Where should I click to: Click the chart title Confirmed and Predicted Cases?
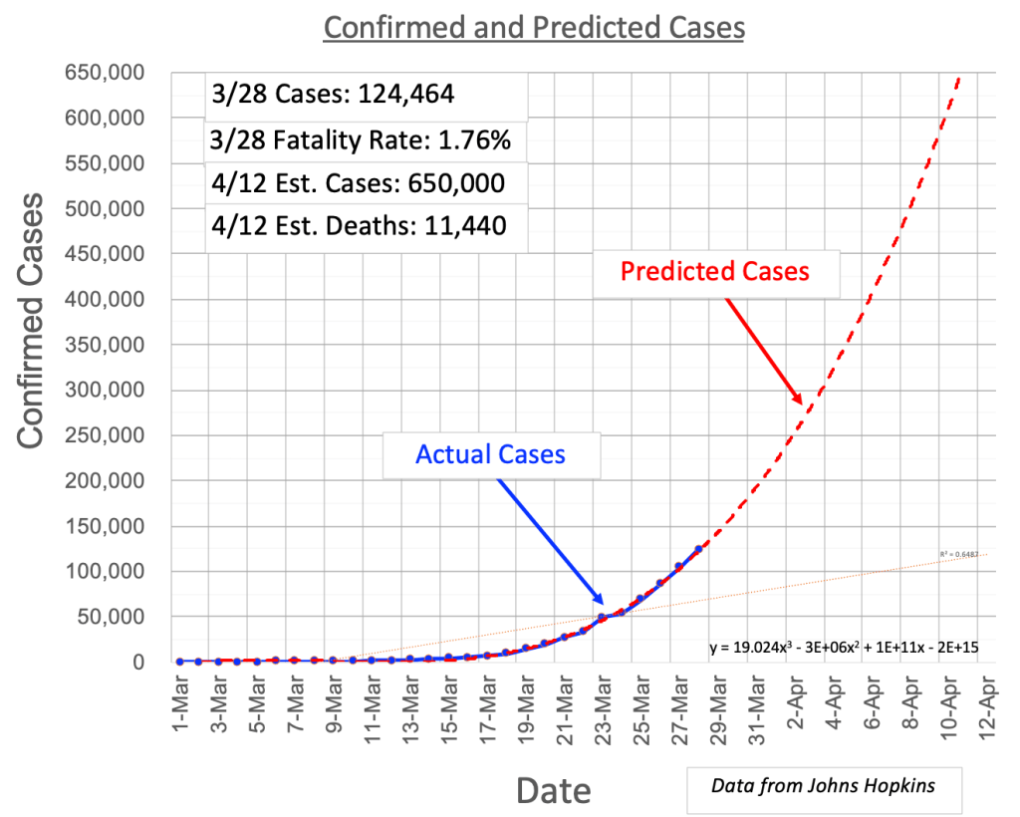pos(533,27)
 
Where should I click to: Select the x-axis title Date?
pos(553,791)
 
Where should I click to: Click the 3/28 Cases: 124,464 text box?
pos(333,95)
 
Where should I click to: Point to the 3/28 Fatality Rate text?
pos(361,141)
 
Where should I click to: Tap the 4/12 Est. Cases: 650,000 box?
pos(358,184)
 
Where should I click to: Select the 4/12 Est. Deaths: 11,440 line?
pos(359,226)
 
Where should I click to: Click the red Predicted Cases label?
pos(715,270)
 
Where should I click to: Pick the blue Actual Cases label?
pos(490,454)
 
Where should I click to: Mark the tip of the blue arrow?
pos(604,605)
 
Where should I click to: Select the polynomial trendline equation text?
pos(844,648)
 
